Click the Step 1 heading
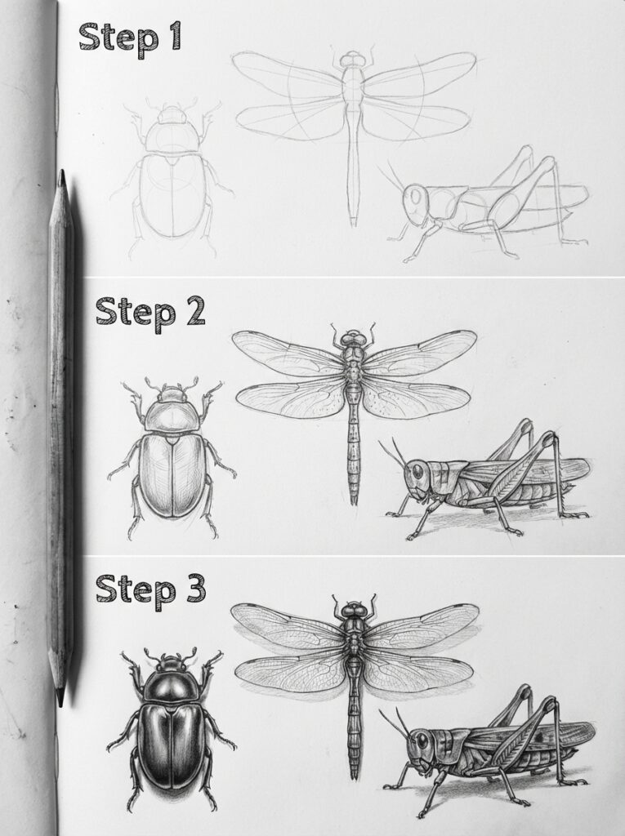(130, 38)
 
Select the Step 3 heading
(150, 588)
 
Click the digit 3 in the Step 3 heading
(193, 588)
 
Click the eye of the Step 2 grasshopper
(418, 471)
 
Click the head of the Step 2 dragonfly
(353, 337)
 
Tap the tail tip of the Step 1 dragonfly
(354, 222)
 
